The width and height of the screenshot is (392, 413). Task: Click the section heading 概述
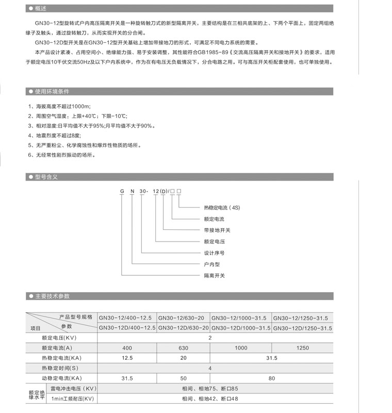(x=41, y=9)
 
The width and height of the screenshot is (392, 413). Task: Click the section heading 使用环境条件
(x=52, y=92)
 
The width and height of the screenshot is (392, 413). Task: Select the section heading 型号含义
(x=46, y=177)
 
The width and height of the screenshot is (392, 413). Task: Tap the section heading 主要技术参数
(x=52, y=296)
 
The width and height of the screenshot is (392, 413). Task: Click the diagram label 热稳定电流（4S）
(x=222, y=208)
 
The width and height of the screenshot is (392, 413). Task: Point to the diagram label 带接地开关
(x=217, y=230)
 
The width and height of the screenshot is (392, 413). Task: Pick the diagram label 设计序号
(x=215, y=253)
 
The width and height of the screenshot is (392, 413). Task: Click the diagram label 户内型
(x=212, y=264)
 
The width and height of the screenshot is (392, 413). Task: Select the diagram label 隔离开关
(x=215, y=276)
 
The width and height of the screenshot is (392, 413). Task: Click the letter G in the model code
(x=122, y=191)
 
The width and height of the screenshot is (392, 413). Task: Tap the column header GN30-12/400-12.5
(x=127, y=318)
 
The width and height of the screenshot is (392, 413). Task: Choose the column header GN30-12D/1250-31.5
(x=303, y=328)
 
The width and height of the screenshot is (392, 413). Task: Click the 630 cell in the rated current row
(x=183, y=348)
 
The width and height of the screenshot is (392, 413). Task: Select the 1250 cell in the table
(x=303, y=348)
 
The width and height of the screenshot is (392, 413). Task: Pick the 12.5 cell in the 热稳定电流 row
(x=127, y=358)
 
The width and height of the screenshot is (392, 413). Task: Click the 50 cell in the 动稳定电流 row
(x=183, y=378)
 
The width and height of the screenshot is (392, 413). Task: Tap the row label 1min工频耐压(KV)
(x=72, y=399)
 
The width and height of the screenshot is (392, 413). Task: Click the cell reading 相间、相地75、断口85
(x=210, y=388)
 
